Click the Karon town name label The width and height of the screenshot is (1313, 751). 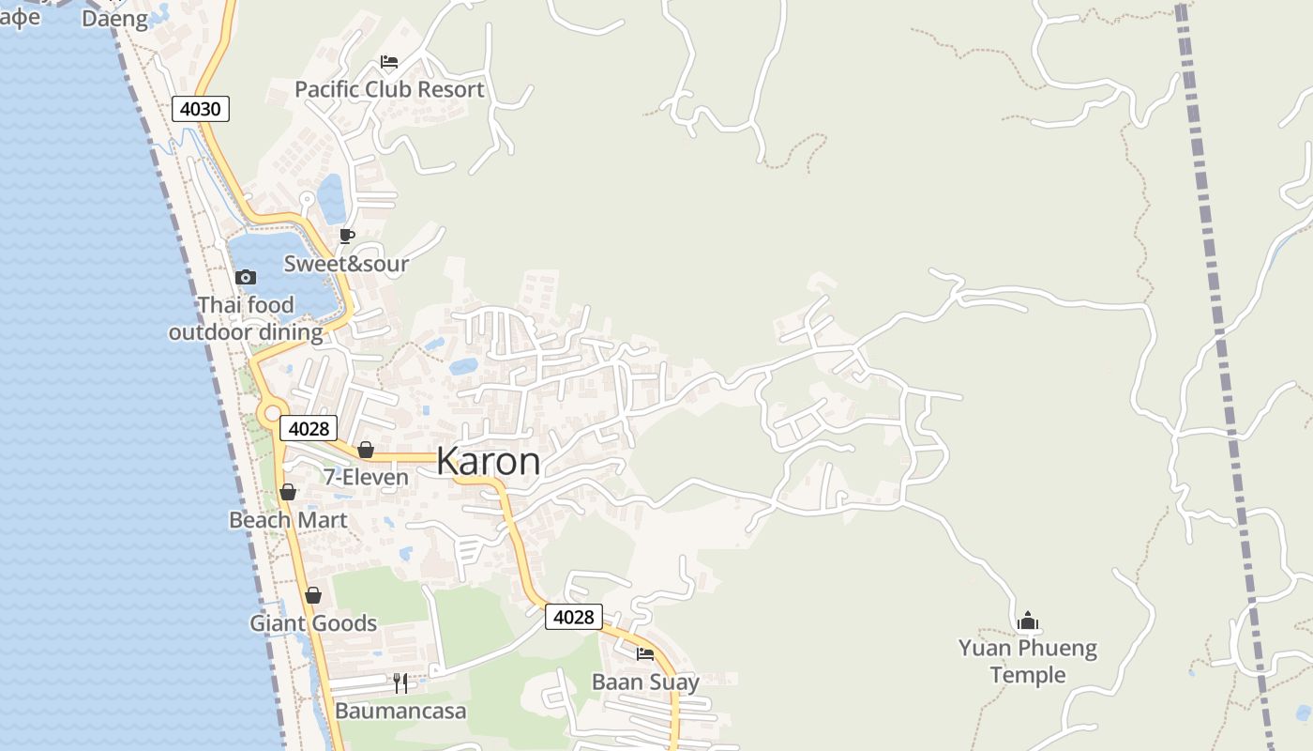pos(488,462)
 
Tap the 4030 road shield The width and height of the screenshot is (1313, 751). pos(200,109)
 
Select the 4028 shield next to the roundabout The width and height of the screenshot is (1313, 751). pos(308,429)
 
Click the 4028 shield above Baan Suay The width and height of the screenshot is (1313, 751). pos(573,617)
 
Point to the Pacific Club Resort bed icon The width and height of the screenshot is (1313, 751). pos(389,63)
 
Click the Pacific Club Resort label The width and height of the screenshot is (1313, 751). pos(389,90)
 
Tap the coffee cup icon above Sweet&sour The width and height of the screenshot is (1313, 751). pos(347,236)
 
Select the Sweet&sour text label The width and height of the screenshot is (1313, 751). pos(346,264)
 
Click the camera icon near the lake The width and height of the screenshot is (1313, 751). pos(246,277)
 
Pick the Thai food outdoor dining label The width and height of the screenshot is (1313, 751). pos(246,318)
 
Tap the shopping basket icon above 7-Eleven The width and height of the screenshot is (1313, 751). pos(366,450)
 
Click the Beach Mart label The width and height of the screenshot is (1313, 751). pos(288,520)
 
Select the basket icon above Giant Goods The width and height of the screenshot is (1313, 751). pos(313,595)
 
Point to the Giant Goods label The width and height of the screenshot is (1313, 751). pos(313,623)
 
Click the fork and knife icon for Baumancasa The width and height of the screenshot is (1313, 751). pos(400,682)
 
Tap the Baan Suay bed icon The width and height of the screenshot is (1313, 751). pos(645,653)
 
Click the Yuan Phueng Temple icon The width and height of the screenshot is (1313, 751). pos(1028,621)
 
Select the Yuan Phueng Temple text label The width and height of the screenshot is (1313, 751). pos(1028,661)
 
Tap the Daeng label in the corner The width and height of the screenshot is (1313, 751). pos(114,19)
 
